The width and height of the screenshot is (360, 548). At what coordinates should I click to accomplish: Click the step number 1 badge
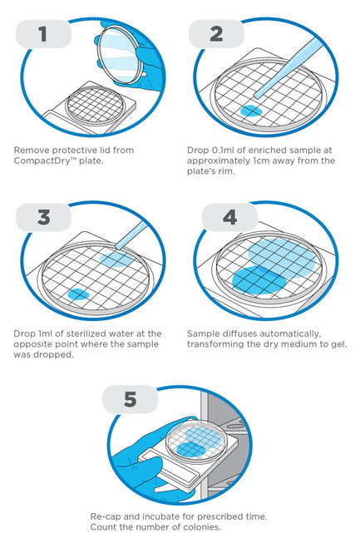[x=44, y=34]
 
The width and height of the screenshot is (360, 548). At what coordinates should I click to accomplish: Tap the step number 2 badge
[x=216, y=34]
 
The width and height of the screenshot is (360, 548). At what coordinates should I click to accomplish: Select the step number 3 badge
[x=44, y=217]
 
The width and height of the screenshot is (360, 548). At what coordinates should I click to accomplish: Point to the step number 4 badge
[x=229, y=217]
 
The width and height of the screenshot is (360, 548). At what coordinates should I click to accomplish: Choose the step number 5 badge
[x=130, y=399]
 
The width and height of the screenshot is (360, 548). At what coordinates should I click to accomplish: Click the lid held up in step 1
[x=119, y=55]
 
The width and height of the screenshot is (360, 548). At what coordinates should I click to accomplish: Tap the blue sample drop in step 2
[x=251, y=111]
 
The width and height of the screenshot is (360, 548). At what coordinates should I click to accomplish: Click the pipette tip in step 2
[x=257, y=96]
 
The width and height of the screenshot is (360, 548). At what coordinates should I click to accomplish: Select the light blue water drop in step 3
[x=116, y=259]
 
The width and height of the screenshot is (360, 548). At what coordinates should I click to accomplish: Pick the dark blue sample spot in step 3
[x=78, y=294]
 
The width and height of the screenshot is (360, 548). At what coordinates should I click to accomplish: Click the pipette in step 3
[x=131, y=235]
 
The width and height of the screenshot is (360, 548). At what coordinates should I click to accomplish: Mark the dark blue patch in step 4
[x=259, y=279]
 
